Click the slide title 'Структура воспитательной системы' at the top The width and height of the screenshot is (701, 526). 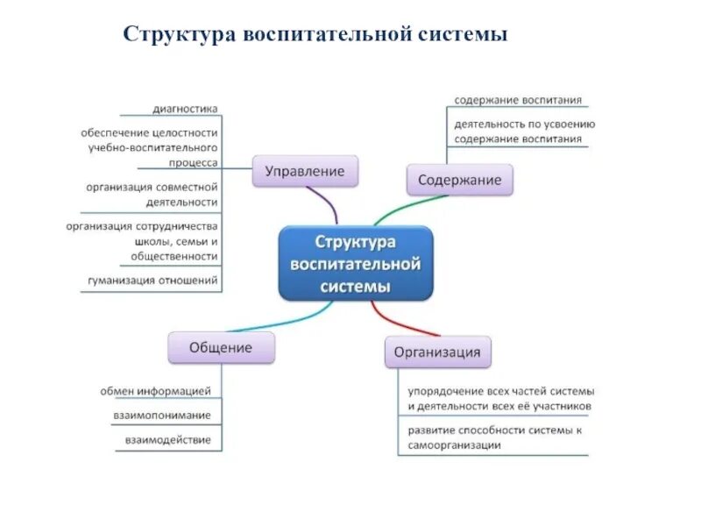coord(315,34)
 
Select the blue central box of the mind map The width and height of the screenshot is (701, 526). coord(355,263)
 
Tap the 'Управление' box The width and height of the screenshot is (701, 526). coord(305,171)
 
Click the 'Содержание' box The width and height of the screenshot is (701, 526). coord(459,180)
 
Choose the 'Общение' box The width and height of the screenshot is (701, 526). coord(221,347)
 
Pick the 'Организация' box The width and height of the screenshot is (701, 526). coord(436,352)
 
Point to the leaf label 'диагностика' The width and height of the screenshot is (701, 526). coord(185,109)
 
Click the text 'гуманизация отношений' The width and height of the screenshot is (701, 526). coord(152,281)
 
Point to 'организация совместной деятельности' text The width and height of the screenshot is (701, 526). coord(152,195)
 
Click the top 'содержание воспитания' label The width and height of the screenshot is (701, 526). coord(518,100)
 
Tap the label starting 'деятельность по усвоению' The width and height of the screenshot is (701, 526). coord(524,124)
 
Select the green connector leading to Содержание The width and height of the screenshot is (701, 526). coord(393,211)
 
